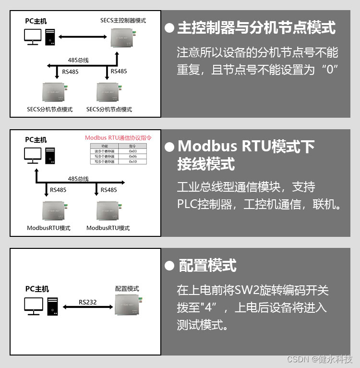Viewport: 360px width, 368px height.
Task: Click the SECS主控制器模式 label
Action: (123, 21)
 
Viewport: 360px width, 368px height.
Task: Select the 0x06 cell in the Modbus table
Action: (133, 156)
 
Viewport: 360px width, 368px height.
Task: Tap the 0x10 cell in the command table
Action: (133, 162)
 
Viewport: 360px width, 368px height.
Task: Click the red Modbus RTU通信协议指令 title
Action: (118, 137)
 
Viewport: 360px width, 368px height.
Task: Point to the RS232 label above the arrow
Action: (87, 302)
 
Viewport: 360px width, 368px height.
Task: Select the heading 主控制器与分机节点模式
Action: (256, 27)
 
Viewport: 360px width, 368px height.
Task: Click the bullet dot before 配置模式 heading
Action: (169, 266)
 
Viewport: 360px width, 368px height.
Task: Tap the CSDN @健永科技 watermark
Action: (320, 359)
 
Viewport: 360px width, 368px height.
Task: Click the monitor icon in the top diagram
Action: (33, 37)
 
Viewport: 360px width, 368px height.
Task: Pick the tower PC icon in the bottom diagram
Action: (52, 306)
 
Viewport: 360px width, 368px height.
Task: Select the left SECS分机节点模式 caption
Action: (49, 110)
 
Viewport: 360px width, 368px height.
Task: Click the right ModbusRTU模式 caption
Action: (108, 228)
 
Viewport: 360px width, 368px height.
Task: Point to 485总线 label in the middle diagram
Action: (78, 179)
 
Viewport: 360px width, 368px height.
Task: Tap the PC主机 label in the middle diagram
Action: (36, 140)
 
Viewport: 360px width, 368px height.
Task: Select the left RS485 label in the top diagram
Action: (71, 72)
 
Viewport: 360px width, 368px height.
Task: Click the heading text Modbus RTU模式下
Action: (246, 146)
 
